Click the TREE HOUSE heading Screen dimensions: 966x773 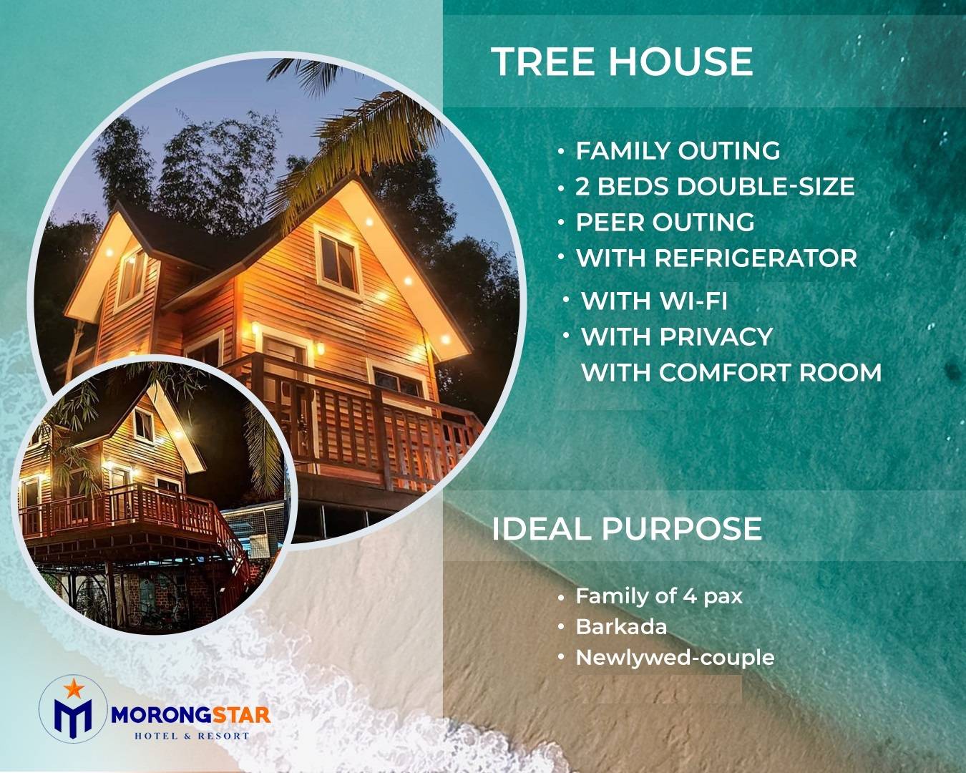click(622, 62)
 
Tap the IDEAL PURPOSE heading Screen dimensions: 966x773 click(627, 529)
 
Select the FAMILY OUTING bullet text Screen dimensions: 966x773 click(678, 150)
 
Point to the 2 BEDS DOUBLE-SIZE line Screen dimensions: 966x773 click(715, 186)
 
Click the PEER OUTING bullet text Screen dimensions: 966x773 click(665, 223)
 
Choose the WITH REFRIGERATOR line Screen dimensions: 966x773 click(717, 258)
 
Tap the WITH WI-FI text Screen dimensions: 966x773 click(654, 301)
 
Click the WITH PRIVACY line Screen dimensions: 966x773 click(677, 337)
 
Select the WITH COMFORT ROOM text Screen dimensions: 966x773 click(731, 373)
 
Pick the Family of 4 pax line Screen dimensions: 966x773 click(659, 596)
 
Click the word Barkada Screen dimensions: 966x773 click(621, 627)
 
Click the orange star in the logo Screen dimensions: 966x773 click(74, 688)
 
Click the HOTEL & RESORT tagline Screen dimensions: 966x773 click(192, 736)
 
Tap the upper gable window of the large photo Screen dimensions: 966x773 click(338, 258)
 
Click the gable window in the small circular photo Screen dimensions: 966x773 click(144, 424)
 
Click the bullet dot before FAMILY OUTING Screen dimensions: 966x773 click(561, 152)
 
